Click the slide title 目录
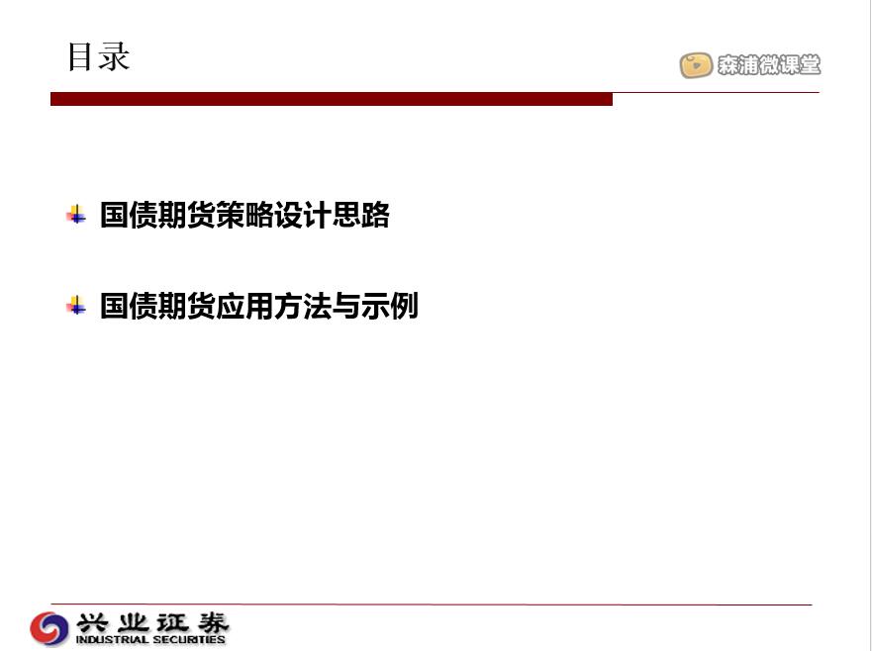point(98,56)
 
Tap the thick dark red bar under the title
point(332,99)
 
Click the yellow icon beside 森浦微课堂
point(696,65)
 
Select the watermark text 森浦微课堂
point(768,65)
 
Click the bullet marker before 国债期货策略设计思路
point(76,215)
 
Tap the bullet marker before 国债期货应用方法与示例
point(76,305)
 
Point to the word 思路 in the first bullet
point(361,215)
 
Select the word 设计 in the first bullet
point(303,215)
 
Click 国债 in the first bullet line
point(129,215)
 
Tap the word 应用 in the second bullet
point(244,306)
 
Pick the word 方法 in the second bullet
point(303,306)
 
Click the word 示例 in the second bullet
point(390,306)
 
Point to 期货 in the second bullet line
point(187,306)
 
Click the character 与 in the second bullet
point(346,306)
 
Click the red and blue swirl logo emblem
point(49,629)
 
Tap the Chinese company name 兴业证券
point(152,622)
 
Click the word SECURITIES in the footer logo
point(188,640)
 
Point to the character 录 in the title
point(115,56)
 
